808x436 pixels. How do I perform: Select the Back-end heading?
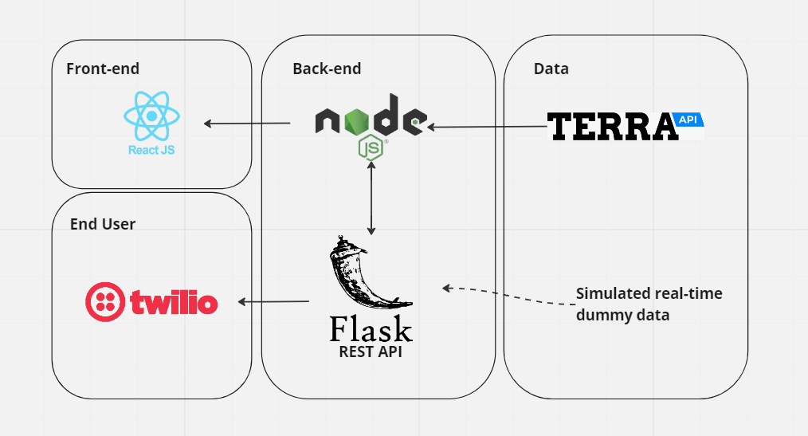click(327, 69)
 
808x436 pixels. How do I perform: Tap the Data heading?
click(551, 69)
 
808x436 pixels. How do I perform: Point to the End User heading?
click(103, 224)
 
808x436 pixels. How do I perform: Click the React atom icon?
click(151, 116)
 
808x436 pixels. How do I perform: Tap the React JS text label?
click(151, 149)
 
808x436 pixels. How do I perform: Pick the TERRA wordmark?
click(610, 126)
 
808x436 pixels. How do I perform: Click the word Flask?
click(371, 328)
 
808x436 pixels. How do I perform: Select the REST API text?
click(371, 351)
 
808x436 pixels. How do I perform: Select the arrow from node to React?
click(246, 123)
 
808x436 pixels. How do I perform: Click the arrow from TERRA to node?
click(486, 126)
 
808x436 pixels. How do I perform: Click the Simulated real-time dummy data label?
click(649, 304)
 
